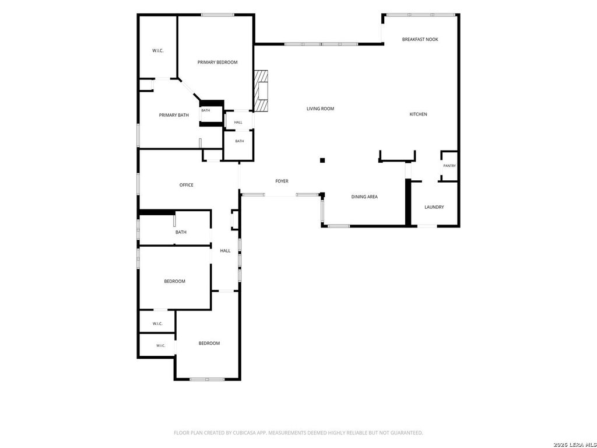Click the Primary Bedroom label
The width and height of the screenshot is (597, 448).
point(217,62)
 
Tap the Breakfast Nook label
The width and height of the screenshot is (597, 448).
point(420,39)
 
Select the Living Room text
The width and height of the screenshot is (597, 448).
point(320,108)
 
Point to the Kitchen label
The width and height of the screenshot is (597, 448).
point(418,114)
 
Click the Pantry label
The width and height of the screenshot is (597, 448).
point(449,166)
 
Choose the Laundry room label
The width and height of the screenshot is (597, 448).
point(434,207)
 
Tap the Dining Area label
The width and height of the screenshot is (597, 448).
point(364,197)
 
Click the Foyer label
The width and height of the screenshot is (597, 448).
point(282,181)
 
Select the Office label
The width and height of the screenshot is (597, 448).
point(186,185)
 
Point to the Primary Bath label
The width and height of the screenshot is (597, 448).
point(174,115)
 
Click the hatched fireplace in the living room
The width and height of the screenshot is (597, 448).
point(261,90)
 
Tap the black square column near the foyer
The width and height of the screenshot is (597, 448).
point(322,160)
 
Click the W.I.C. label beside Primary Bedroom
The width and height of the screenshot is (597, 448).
point(157,51)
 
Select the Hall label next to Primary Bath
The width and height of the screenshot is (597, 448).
point(238,123)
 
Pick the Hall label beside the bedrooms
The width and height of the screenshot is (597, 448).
point(225,251)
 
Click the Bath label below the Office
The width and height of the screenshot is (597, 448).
point(181,232)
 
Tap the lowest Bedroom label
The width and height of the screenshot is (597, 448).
point(209,343)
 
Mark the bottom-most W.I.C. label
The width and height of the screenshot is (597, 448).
point(161,346)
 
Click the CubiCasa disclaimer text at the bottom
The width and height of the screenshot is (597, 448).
point(298,433)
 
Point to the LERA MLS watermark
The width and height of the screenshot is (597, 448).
point(575,444)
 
